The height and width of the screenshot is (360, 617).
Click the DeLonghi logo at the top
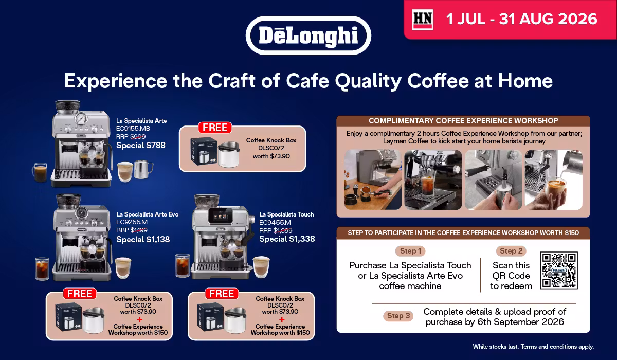(x=308, y=35)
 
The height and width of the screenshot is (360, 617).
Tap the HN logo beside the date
(x=423, y=19)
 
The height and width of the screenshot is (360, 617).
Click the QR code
(x=559, y=270)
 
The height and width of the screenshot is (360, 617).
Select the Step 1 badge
(x=410, y=251)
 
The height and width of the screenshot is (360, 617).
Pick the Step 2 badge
(x=511, y=251)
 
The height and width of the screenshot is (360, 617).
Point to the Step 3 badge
(x=398, y=316)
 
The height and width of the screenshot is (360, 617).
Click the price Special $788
(x=141, y=146)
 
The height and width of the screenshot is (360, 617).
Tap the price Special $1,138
(x=143, y=239)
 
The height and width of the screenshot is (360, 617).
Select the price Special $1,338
(x=287, y=239)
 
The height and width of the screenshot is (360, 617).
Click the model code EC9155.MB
(x=133, y=129)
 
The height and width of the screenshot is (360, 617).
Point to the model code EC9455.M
(x=275, y=222)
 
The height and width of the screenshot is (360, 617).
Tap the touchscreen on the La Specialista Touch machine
(x=220, y=215)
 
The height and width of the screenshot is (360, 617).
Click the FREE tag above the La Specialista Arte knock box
(x=215, y=128)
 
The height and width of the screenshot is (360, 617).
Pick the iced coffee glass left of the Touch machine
(x=183, y=265)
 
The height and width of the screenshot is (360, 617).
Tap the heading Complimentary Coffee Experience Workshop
(x=463, y=121)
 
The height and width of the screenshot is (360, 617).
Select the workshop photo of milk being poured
(x=553, y=180)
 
